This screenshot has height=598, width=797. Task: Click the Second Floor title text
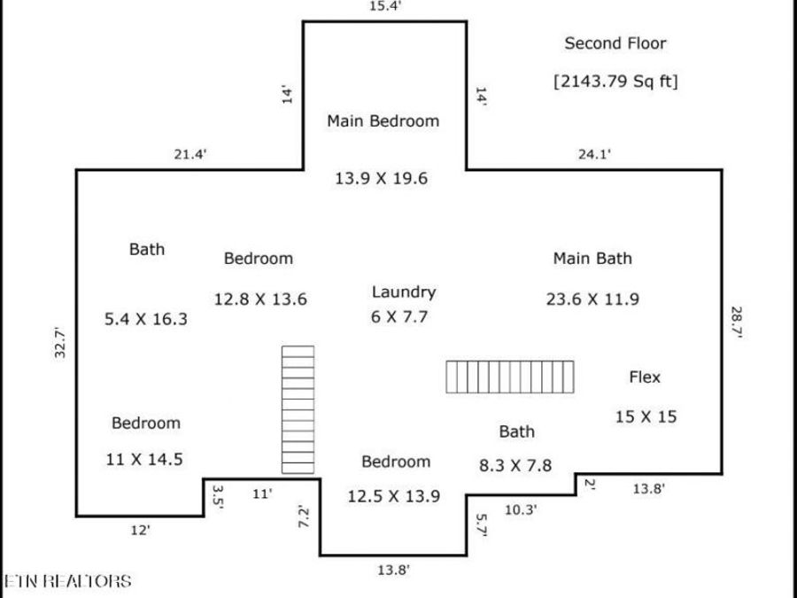(615, 43)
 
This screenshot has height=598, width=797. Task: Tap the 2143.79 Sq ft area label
(615, 81)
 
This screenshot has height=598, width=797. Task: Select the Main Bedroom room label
(383, 121)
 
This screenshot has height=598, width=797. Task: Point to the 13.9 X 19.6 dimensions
(381, 178)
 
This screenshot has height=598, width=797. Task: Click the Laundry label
(404, 291)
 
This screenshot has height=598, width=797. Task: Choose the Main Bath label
(592, 259)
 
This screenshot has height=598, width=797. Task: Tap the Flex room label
(645, 377)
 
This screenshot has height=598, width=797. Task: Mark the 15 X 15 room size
(646, 417)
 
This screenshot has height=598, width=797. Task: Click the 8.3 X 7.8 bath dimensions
(515, 465)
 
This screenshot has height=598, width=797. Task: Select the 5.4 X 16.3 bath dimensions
(146, 319)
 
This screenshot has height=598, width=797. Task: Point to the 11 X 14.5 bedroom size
(144, 460)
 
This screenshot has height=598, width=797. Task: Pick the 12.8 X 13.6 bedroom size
(260, 299)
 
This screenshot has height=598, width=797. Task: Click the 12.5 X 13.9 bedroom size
(394, 496)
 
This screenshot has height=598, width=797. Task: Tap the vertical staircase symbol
(298, 410)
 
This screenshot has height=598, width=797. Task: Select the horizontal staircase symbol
(510, 377)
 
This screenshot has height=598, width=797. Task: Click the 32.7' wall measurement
(60, 342)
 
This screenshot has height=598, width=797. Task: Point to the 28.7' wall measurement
(737, 322)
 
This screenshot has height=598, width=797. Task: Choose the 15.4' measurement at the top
(386, 6)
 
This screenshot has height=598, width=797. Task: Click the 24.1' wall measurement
(594, 154)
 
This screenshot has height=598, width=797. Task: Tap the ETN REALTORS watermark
(67, 581)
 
